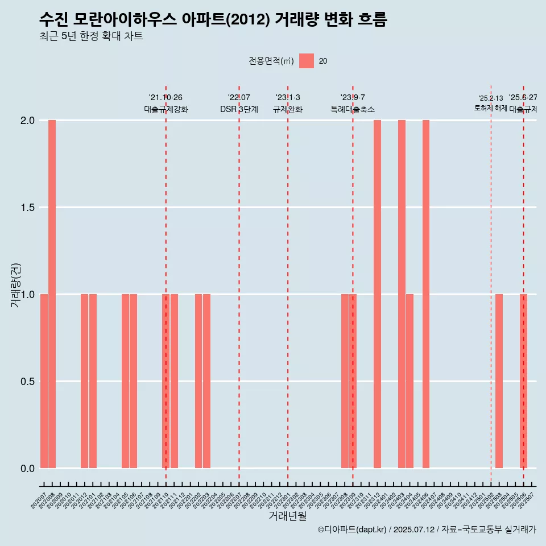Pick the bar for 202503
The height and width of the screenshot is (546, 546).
click(x=499, y=381)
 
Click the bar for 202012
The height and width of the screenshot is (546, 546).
click(x=84, y=381)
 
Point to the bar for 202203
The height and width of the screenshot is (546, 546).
click(x=206, y=381)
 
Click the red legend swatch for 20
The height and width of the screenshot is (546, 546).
click(x=307, y=61)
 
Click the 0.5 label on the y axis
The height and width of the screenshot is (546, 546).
click(x=27, y=381)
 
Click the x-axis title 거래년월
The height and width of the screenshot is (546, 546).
click(x=287, y=516)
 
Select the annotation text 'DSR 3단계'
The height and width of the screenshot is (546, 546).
click(x=239, y=109)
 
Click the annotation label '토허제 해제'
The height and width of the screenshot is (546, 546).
click(x=490, y=108)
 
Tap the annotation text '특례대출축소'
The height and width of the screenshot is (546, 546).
click(x=353, y=109)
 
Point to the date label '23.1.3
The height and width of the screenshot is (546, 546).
click(x=288, y=98)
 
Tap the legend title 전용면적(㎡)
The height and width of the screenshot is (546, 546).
click(x=271, y=61)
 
